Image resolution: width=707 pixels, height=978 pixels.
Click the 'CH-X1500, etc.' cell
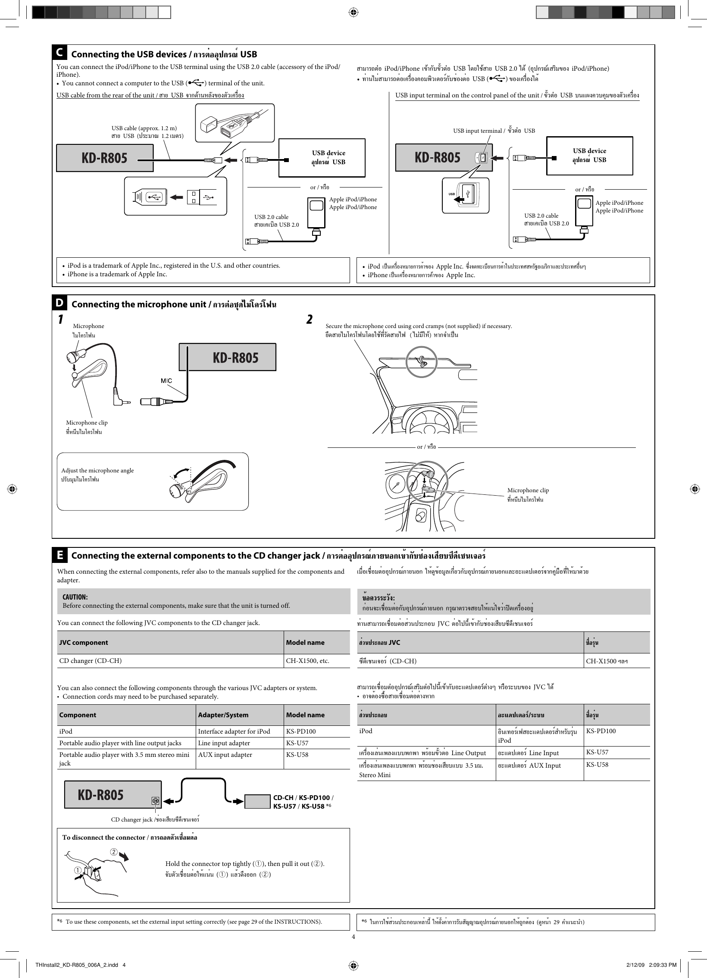[307, 661]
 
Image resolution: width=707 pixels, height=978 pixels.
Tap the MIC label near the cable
[166, 380]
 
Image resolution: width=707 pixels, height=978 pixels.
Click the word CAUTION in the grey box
[75, 597]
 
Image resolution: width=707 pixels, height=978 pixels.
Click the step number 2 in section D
[309, 319]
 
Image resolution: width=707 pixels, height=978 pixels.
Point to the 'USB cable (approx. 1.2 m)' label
[144, 128]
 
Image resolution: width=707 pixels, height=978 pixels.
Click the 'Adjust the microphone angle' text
[97, 470]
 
